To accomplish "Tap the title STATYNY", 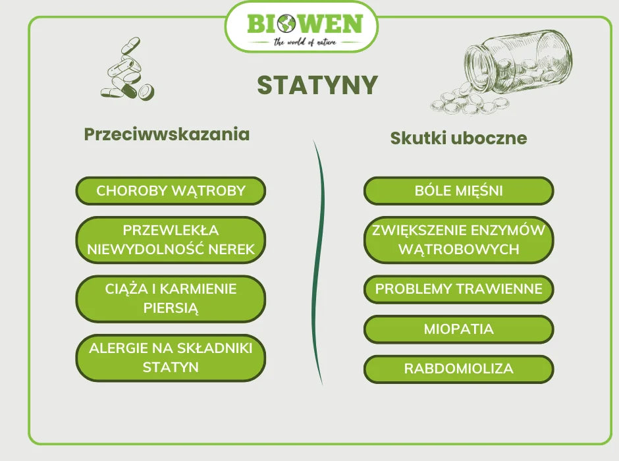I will coord(317,85).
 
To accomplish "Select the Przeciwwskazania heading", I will coord(167,134).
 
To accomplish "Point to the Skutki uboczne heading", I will coord(458,138).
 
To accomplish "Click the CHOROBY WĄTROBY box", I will coord(171,191).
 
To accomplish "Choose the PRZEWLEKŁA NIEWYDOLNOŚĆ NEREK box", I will coord(171,240).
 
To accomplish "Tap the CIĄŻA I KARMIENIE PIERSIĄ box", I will coord(171,298).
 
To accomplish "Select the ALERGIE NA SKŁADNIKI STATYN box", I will coord(171,358).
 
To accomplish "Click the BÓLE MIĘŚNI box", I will coord(458,191).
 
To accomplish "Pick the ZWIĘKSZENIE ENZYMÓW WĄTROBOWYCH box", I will coord(458,240).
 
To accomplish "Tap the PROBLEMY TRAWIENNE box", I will coord(458,289).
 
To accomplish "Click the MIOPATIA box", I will coord(458,329).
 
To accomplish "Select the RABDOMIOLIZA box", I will coord(458,369).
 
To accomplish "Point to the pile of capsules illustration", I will coord(127,71).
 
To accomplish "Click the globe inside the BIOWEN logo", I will coord(286,24).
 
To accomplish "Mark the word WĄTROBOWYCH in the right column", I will coord(458,249).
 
